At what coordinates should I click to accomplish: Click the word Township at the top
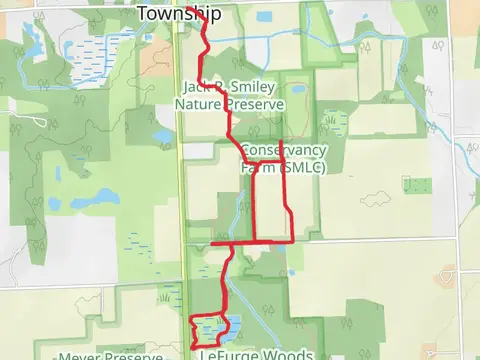tap(177, 13)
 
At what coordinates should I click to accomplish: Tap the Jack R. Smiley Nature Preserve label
tap(230, 94)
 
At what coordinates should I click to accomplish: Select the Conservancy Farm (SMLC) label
tap(283, 158)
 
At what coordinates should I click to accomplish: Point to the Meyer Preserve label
tap(109, 356)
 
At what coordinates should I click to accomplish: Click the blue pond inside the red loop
tap(213, 327)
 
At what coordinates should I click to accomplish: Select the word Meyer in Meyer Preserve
tap(79, 356)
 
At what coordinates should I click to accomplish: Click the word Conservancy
tap(284, 150)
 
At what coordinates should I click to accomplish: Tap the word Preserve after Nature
tap(256, 103)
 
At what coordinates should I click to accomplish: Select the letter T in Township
tap(142, 13)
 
